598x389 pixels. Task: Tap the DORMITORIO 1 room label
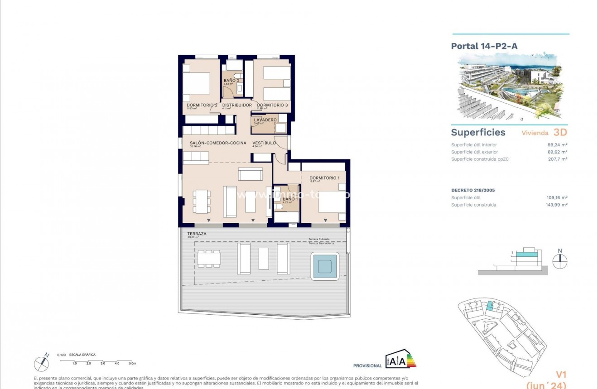click(x=324, y=178)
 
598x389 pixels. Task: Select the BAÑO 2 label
click(x=231, y=80)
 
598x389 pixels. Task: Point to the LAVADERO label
click(x=265, y=120)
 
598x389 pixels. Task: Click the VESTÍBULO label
click(x=264, y=143)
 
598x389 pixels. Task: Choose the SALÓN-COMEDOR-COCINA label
click(x=218, y=143)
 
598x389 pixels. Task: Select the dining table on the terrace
click(x=209, y=258)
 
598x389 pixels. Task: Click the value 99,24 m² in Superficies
click(x=557, y=145)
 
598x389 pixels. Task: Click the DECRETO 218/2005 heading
click(x=473, y=190)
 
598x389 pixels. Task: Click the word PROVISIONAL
click(x=367, y=366)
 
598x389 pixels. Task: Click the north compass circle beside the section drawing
click(x=560, y=261)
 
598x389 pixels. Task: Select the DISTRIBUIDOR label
click(x=236, y=105)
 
